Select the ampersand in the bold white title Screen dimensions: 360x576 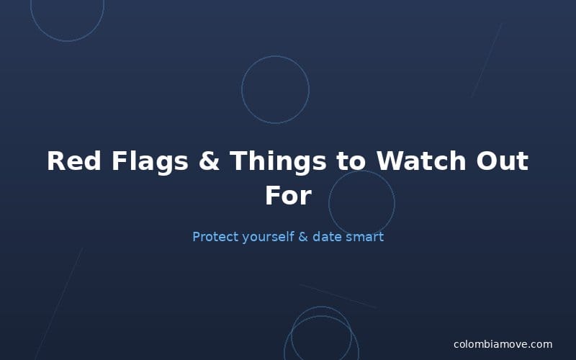pyautogui.click(x=209, y=161)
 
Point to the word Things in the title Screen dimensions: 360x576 pyautogui.click(x=278, y=161)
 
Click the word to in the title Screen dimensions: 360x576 pyautogui.click(x=351, y=161)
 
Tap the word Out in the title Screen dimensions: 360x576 pyautogui.click(x=502, y=161)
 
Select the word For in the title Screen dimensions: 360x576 pyautogui.click(x=288, y=196)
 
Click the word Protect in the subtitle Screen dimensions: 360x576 pyautogui.click(x=215, y=236)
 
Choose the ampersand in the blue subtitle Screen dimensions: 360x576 pyautogui.click(x=302, y=236)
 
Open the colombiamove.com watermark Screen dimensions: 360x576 pyautogui.click(x=503, y=344)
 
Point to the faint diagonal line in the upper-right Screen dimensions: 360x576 pyautogui.click(x=486, y=60)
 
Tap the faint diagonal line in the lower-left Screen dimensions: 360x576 pyautogui.click(x=59, y=302)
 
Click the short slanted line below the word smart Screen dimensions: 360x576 pyautogui.click(x=338, y=296)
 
